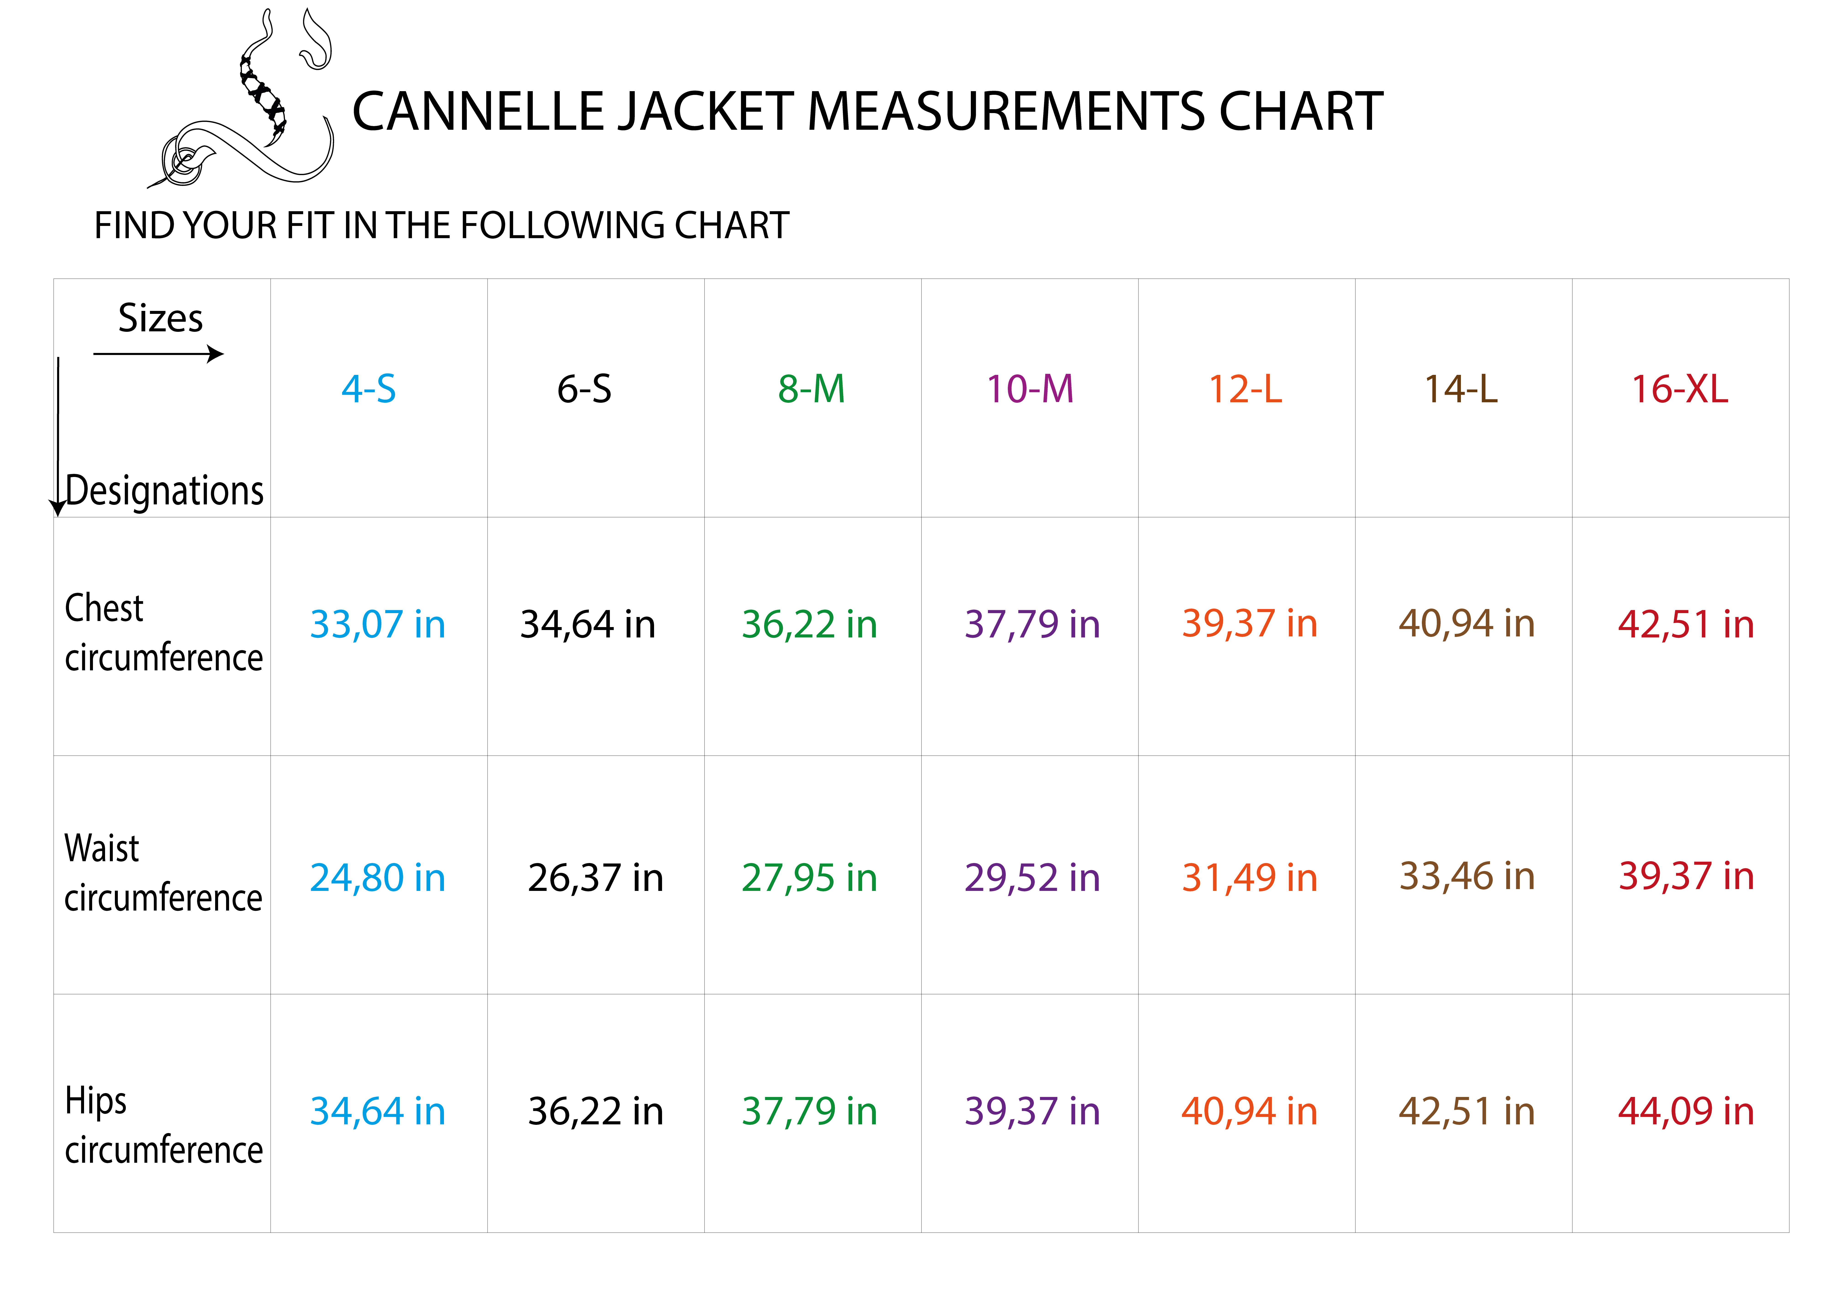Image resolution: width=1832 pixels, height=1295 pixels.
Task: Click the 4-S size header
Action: [x=369, y=389]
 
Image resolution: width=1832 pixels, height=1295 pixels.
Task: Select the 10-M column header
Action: [x=1030, y=389]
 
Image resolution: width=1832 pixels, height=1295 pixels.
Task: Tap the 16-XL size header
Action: [x=1680, y=389]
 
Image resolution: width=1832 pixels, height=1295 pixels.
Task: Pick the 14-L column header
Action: [x=1461, y=389]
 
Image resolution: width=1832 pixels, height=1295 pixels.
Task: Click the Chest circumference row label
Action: [x=164, y=633]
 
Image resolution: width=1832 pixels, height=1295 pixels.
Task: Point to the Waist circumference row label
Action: [x=164, y=873]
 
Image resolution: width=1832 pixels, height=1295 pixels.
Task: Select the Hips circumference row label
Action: [x=164, y=1125]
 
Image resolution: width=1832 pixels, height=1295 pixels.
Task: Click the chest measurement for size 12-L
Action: [x=1249, y=624]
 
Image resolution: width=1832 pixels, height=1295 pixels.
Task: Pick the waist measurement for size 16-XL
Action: [x=1686, y=876]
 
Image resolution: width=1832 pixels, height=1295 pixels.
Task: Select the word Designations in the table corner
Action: [x=164, y=490]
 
